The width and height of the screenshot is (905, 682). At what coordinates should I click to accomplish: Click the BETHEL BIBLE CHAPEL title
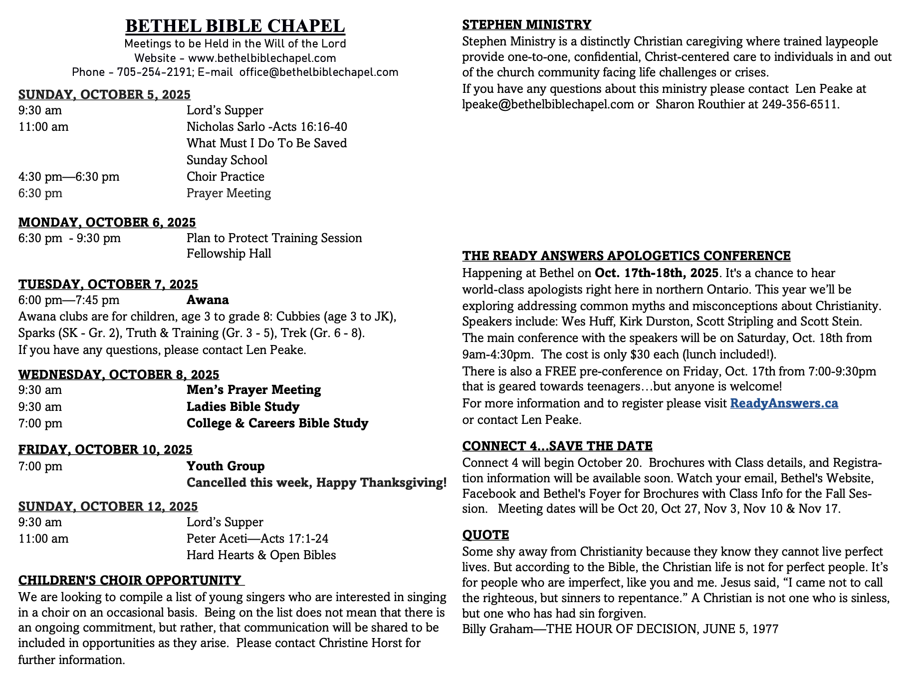tap(234, 26)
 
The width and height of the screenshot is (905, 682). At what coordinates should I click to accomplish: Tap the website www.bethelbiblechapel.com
tap(262, 58)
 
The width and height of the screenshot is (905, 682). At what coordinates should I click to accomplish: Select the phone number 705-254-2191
tap(154, 72)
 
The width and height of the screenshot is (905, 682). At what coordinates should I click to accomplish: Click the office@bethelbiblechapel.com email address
tap(319, 72)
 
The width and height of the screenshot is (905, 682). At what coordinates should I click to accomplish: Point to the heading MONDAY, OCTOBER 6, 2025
tap(107, 222)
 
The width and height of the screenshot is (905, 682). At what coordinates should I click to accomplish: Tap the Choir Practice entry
tap(226, 177)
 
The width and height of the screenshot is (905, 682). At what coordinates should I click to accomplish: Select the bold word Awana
tap(208, 300)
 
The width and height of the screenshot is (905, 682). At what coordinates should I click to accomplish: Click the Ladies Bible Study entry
tap(243, 407)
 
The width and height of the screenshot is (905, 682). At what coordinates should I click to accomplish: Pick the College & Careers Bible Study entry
tap(277, 423)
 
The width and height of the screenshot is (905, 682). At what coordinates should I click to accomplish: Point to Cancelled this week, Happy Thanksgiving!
tap(316, 483)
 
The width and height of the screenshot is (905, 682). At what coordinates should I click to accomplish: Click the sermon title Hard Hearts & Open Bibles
tap(261, 555)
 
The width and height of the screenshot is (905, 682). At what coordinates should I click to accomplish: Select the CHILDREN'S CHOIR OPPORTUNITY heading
tap(130, 580)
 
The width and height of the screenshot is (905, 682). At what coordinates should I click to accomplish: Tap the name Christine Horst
tap(360, 643)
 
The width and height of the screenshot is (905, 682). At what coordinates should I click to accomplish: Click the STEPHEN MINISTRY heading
tap(526, 24)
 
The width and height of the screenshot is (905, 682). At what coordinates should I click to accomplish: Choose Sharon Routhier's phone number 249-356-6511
tap(799, 104)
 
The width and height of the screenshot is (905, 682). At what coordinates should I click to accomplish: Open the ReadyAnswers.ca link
tap(784, 403)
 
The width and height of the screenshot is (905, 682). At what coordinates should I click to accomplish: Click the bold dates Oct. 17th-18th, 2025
tap(657, 273)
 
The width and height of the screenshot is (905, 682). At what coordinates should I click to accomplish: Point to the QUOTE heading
tap(485, 535)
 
